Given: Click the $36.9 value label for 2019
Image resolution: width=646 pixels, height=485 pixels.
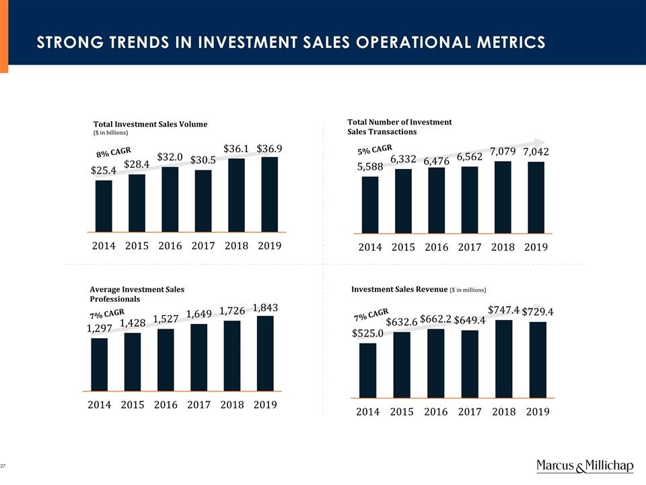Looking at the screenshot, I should tap(269, 148).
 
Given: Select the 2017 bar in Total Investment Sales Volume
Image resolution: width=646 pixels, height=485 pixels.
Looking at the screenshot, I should tap(203, 201).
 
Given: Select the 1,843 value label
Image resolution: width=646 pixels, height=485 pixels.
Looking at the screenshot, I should tap(265, 308).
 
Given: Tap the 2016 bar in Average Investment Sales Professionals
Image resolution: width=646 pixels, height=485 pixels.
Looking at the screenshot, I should tap(166, 360).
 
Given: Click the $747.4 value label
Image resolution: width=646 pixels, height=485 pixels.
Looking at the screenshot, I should tap(503, 310).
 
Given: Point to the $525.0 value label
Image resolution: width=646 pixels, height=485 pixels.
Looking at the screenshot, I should tap(367, 333).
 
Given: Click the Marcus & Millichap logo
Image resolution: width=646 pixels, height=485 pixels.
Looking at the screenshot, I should tap(584, 467).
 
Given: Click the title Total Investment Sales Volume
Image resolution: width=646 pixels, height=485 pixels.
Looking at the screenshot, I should tap(150, 124).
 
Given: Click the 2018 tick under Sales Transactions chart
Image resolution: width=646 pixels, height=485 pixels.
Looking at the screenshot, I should tap(503, 247).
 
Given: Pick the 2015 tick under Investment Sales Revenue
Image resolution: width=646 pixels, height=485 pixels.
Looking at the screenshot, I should tap(401, 411).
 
